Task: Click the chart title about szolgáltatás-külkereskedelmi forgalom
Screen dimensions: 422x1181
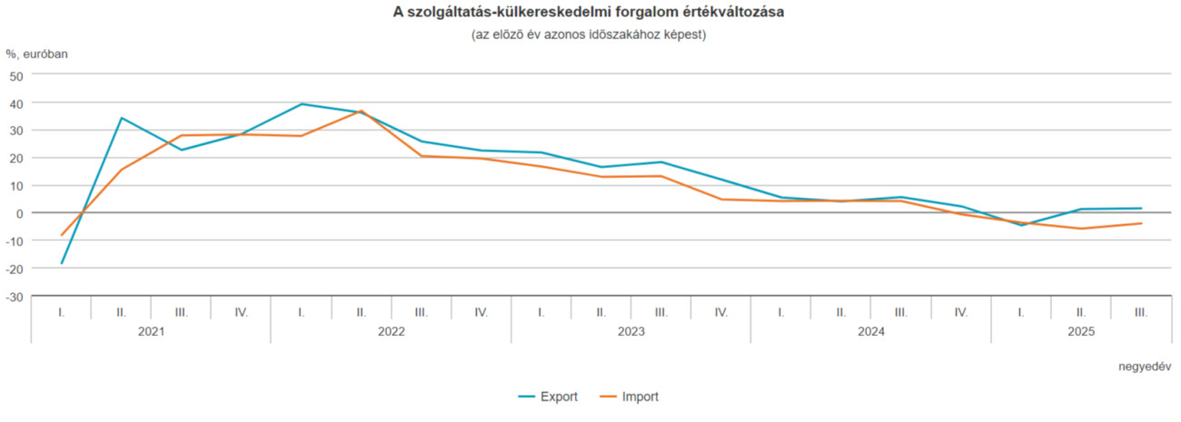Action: click(x=590, y=13)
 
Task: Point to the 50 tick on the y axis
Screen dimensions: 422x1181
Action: click(x=15, y=75)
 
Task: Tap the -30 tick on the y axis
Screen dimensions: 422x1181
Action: click(x=14, y=296)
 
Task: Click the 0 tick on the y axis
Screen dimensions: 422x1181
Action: click(x=19, y=213)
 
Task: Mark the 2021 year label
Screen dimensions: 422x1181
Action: click(x=151, y=332)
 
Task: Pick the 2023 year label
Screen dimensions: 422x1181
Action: click(x=630, y=332)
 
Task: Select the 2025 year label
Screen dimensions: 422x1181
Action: click(x=1081, y=332)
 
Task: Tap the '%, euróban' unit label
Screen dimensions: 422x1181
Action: click(x=37, y=54)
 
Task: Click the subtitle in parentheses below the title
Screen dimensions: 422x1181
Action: click(x=590, y=34)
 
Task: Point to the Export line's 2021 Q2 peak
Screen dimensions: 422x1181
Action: click(x=121, y=118)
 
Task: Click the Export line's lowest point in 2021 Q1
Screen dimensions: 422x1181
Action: click(x=62, y=263)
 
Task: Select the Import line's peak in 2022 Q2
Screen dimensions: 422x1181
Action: click(x=361, y=111)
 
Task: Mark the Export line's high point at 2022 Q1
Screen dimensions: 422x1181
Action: click(x=301, y=103)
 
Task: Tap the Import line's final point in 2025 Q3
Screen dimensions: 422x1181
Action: click(x=1141, y=223)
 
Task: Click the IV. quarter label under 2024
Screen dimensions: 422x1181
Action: click(x=961, y=312)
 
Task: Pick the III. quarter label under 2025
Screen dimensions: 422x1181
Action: click(x=1141, y=312)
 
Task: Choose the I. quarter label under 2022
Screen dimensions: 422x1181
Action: click(x=301, y=312)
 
